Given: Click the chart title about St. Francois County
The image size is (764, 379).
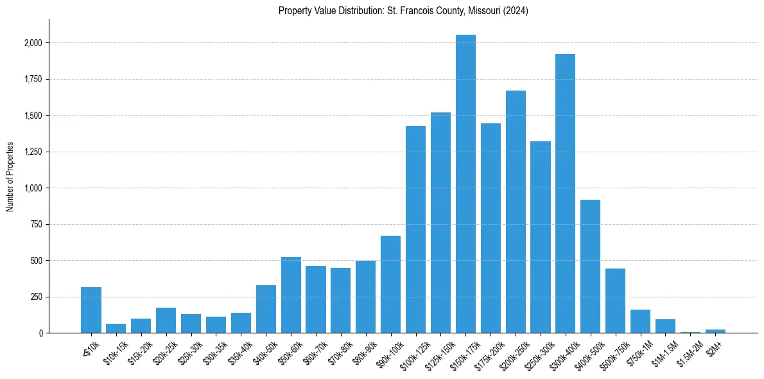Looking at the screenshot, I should pos(403,11).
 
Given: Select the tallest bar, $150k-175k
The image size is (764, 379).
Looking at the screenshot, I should pos(465,184).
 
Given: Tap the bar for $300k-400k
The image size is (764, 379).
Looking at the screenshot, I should pos(565,193).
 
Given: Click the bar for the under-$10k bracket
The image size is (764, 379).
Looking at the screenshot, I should pos(91,310).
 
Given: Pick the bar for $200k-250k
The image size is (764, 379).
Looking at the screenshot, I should pos(516,212).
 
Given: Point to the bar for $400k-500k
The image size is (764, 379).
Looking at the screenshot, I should pos(590,267).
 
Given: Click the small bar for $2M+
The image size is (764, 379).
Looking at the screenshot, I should pos(715,331).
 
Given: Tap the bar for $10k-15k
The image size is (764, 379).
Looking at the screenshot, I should pos(116,328).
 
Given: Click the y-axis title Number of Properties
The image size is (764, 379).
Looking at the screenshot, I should pos(10,177).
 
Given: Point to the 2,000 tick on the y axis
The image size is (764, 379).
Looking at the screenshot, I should pos(33,43).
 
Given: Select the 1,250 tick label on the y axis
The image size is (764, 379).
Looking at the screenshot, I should pos(33,152).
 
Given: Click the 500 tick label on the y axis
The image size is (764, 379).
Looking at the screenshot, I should pos(37,261).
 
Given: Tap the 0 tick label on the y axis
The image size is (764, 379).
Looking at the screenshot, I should pos(41,333).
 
